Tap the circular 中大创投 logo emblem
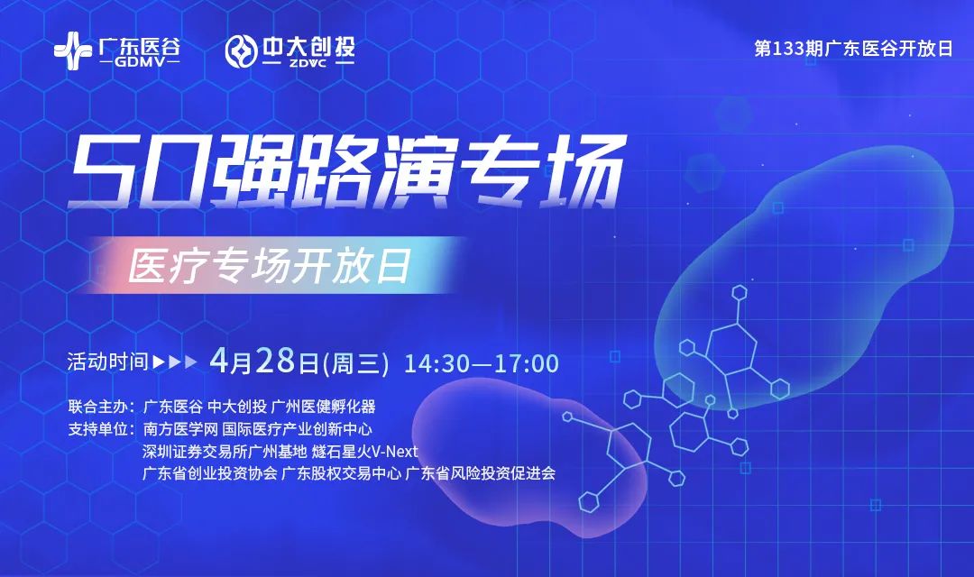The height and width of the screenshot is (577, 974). [241, 51]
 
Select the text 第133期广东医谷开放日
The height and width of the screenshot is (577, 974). [853, 49]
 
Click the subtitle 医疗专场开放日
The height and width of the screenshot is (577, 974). [269, 266]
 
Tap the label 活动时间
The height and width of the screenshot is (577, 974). [108, 362]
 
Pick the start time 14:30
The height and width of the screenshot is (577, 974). [437, 363]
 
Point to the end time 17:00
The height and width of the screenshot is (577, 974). [526, 363]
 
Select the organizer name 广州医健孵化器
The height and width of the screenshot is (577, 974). [324, 407]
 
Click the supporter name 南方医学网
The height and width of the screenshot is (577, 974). [180, 429]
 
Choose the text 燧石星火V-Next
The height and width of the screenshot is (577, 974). [364, 452]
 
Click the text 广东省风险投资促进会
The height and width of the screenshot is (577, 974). [480, 473]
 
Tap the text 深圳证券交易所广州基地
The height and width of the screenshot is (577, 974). [225, 452]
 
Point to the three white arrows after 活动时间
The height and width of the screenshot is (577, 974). [175, 362]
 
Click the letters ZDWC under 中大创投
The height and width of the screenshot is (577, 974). [308, 63]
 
